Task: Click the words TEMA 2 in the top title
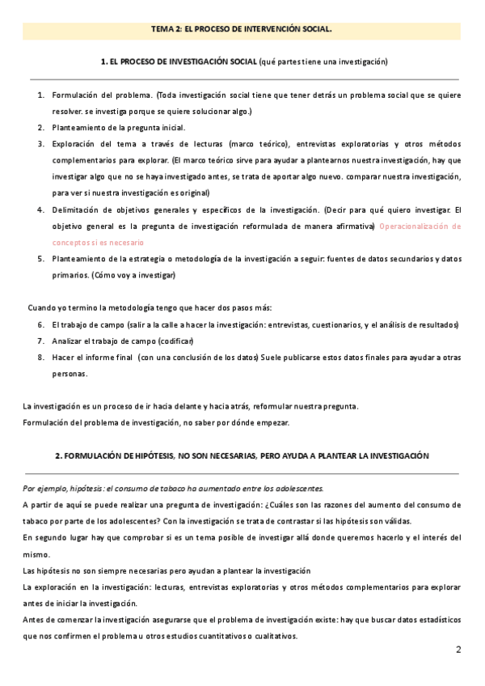pyautogui.click(x=166, y=29)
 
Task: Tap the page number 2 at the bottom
pyautogui.click(x=458, y=649)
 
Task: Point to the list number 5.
pyautogui.click(x=40, y=259)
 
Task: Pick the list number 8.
pyautogui.click(x=40, y=358)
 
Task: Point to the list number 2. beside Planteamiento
pyautogui.click(x=40, y=128)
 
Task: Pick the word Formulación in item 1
pyautogui.click(x=77, y=95)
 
